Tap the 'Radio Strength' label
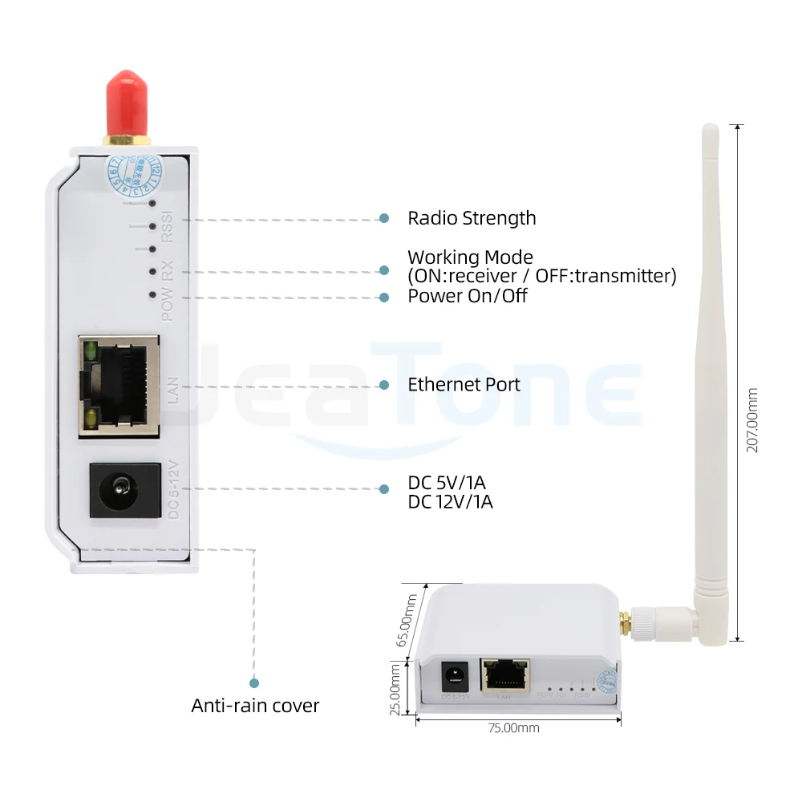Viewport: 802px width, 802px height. (472, 218)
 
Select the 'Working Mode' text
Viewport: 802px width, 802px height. (470, 257)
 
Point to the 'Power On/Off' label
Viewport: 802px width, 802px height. (468, 296)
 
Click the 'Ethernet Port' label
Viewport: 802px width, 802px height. (464, 384)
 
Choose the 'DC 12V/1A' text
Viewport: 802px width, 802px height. (450, 503)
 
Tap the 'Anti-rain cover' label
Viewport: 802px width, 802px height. (255, 706)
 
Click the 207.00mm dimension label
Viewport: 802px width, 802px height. (752, 420)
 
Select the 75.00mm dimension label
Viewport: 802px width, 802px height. (514, 728)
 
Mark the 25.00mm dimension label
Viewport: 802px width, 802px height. (395, 688)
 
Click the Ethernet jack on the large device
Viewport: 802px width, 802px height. (119, 384)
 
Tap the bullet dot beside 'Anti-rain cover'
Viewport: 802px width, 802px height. (254, 683)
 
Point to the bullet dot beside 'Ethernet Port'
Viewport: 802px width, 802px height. (384, 385)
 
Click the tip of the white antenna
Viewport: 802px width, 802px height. (710, 128)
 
